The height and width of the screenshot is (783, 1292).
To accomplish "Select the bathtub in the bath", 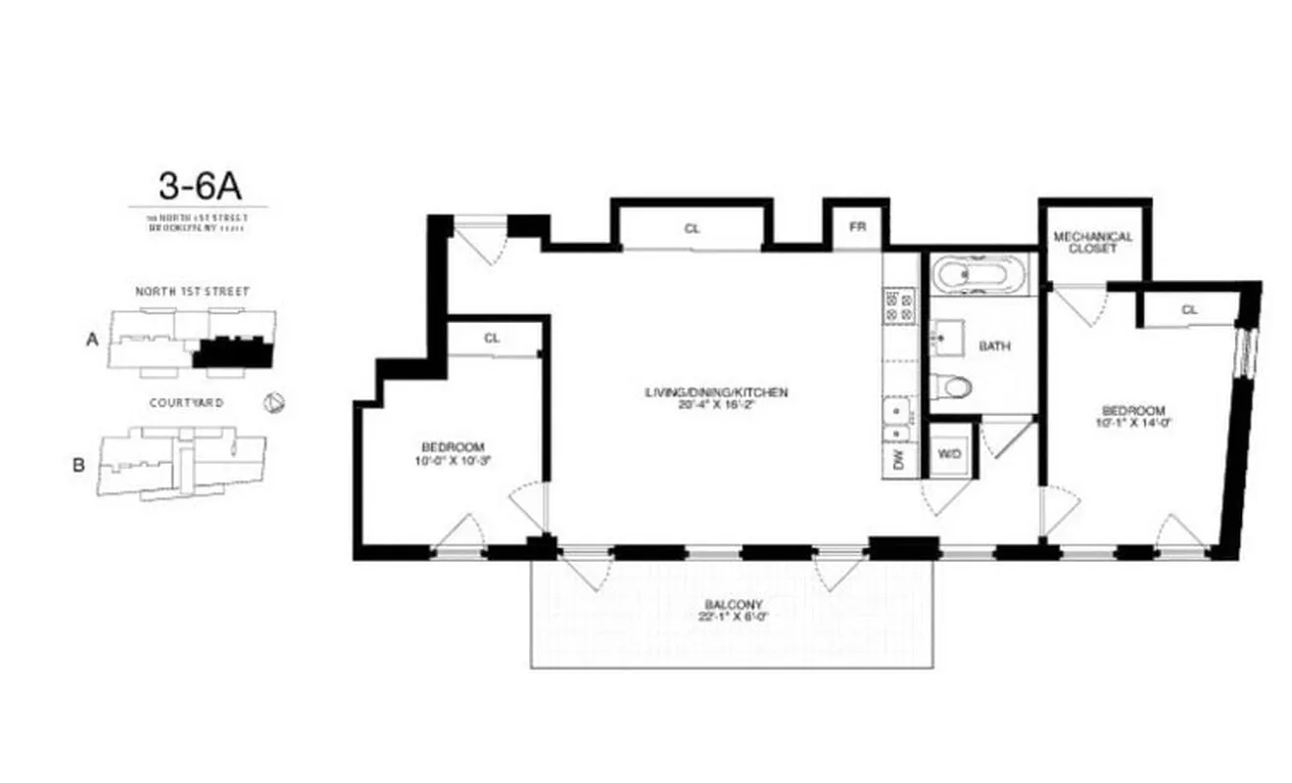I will coord(980,273).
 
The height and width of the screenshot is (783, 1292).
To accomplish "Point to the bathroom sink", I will coord(945,338).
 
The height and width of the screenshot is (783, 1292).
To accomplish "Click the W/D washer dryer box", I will coord(948,454).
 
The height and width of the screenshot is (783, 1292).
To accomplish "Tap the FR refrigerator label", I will coord(857,227).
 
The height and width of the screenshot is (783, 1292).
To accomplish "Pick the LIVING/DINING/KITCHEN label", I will coord(716,392).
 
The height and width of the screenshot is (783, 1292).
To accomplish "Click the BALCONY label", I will coord(732,605).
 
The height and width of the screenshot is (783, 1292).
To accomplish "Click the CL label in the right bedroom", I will coord(1189,309).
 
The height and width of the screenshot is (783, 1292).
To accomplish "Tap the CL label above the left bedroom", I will coord(492,339).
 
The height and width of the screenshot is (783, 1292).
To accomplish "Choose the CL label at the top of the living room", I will coord(692,229).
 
